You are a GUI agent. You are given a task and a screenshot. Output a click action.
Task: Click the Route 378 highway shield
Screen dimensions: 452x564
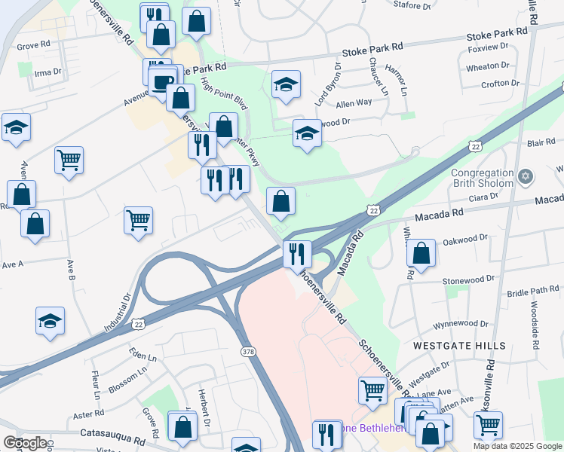pyautogui.click(x=248, y=352)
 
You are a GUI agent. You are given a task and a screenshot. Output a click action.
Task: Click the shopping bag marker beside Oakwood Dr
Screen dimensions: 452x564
pyautogui.click(x=421, y=255)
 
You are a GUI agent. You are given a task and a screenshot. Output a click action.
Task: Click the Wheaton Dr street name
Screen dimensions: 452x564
pyautogui.click(x=488, y=67)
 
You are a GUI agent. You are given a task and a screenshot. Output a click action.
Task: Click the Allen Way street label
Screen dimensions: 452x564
pyautogui.click(x=354, y=102)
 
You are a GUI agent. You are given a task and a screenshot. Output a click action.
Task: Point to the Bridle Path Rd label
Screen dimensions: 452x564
pyautogui.click(x=533, y=290)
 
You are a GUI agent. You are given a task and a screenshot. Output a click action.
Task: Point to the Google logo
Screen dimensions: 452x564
pyautogui.click(x=24, y=443)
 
